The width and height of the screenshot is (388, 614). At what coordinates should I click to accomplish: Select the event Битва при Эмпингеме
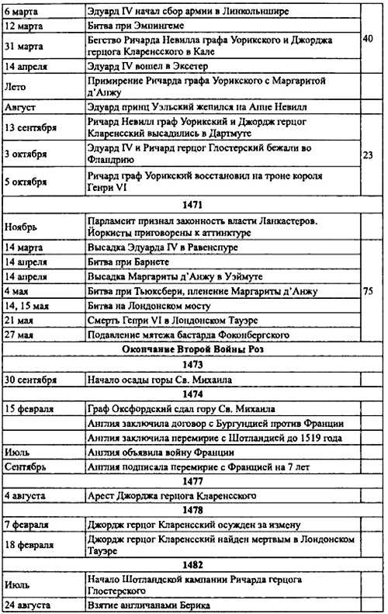coord(133,25)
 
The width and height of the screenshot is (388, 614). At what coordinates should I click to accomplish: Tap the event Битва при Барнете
coord(128,262)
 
